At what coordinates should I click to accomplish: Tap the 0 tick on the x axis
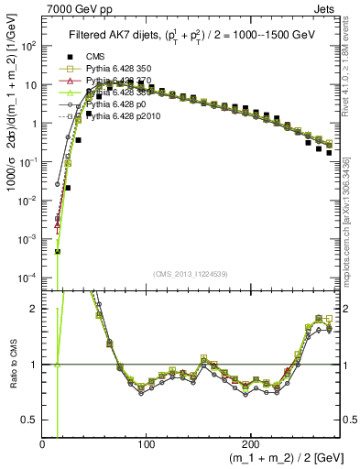43,442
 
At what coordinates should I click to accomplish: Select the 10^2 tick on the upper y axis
29,46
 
